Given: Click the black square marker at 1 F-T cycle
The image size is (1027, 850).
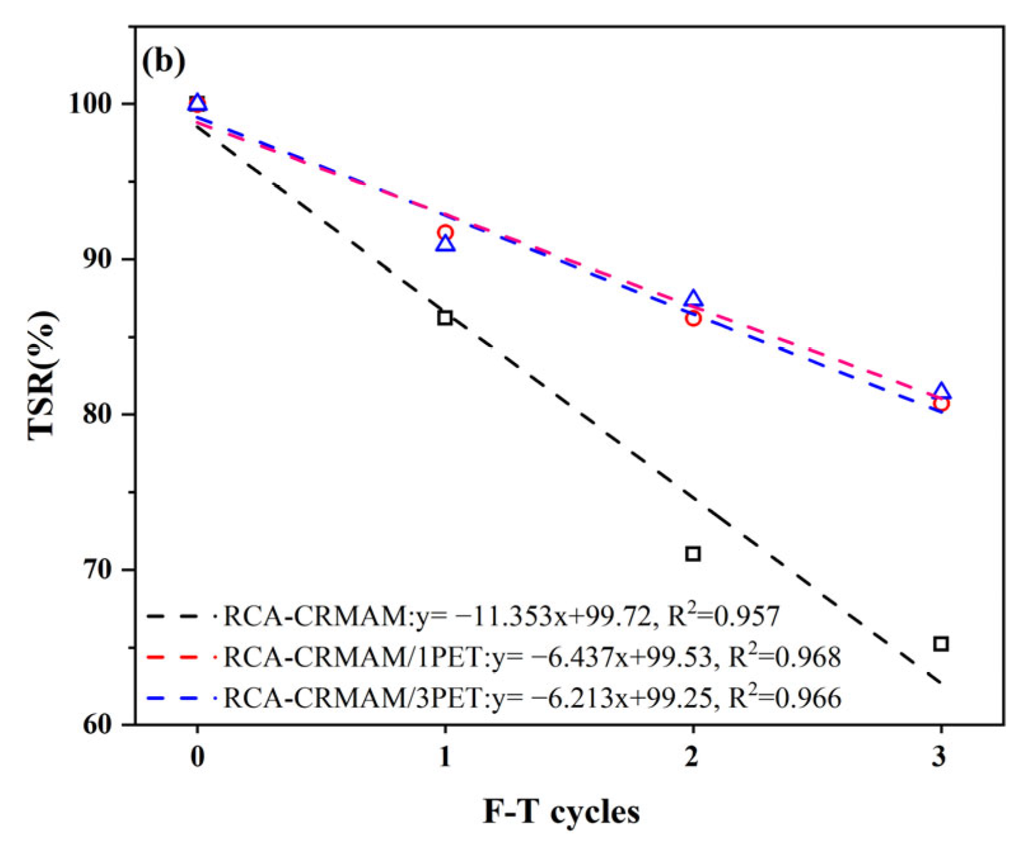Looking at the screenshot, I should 445,317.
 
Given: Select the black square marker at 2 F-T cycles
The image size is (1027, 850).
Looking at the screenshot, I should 693,554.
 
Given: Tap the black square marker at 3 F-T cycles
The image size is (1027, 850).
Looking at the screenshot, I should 941,644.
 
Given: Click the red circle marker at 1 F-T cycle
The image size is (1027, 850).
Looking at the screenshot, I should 445,233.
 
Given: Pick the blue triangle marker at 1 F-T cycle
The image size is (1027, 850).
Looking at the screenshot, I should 445,243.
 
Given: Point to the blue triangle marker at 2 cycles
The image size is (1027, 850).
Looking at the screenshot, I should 693,299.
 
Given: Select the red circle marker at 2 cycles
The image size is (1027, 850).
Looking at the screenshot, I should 693,318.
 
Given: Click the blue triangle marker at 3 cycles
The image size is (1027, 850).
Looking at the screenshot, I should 942,392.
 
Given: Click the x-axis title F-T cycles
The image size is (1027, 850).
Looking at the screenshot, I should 561,812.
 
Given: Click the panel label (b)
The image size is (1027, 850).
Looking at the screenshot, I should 163,62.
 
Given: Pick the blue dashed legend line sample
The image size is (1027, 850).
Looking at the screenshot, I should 180,698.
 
